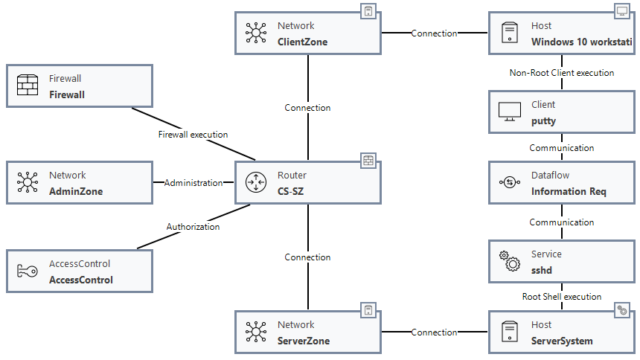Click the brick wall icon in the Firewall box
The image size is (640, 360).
click(x=28, y=86)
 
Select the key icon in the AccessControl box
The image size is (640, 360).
click(x=28, y=271)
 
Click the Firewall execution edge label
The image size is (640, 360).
click(x=193, y=135)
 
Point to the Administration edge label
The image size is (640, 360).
click(x=193, y=182)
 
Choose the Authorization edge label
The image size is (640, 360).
click(x=193, y=226)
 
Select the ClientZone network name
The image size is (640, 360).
click(x=302, y=42)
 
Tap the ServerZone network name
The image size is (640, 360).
click(x=304, y=341)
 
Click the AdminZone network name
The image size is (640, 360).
click(x=76, y=191)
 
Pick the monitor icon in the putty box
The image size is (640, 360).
click(x=510, y=112)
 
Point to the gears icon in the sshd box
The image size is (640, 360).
click(x=510, y=261)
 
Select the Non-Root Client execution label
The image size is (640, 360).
click(x=562, y=73)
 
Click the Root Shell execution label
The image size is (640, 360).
click(x=562, y=297)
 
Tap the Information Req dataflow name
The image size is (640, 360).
click(x=569, y=191)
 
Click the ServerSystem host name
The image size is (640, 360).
click(x=562, y=341)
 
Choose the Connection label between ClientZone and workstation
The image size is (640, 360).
click(x=435, y=33)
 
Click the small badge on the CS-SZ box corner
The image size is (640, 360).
click(x=368, y=160)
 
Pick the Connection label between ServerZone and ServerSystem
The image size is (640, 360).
click(x=435, y=332)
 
